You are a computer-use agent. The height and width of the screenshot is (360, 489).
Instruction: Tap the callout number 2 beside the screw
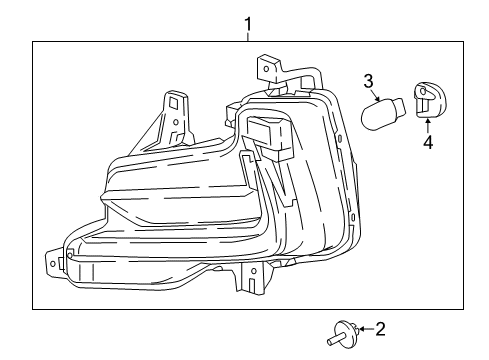point(377,327)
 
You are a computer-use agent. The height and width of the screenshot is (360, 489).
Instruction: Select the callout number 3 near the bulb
point(368,80)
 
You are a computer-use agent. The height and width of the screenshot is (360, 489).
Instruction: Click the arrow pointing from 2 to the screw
point(362,327)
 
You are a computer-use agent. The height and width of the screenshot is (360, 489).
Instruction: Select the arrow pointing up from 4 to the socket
point(428,124)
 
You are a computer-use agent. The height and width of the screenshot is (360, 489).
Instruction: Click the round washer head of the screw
point(346,327)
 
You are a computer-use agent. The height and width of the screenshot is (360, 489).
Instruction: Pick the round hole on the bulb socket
point(423,100)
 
